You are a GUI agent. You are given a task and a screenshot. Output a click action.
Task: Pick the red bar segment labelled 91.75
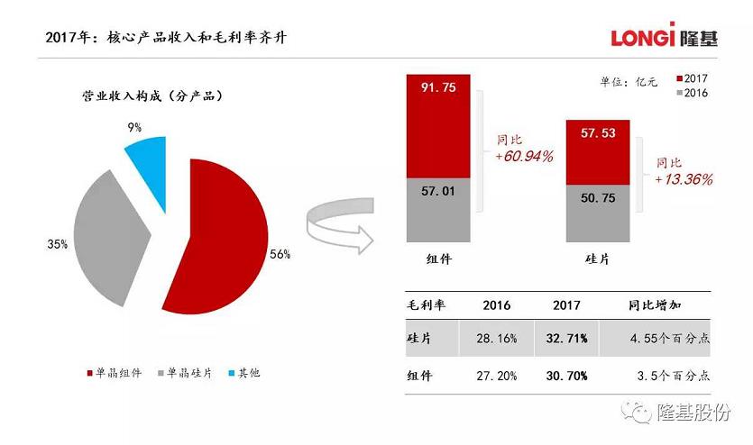pyautogui.click(x=438, y=126)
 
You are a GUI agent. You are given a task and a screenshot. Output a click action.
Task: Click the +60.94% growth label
pyautogui.click(x=523, y=157)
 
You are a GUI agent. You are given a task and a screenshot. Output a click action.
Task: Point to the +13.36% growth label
pyautogui.click(x=683, y=179)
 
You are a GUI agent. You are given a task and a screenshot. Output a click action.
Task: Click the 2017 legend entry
pyautogui.click(x=691, y=78)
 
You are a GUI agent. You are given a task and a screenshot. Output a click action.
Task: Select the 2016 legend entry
pyautogui.click(x=691, y=94)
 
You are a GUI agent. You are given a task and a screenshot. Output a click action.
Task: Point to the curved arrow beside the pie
pyautogui.click(x=339, y=225)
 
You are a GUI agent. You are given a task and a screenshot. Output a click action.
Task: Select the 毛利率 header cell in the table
pyautogui.click(x=427, y=305)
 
